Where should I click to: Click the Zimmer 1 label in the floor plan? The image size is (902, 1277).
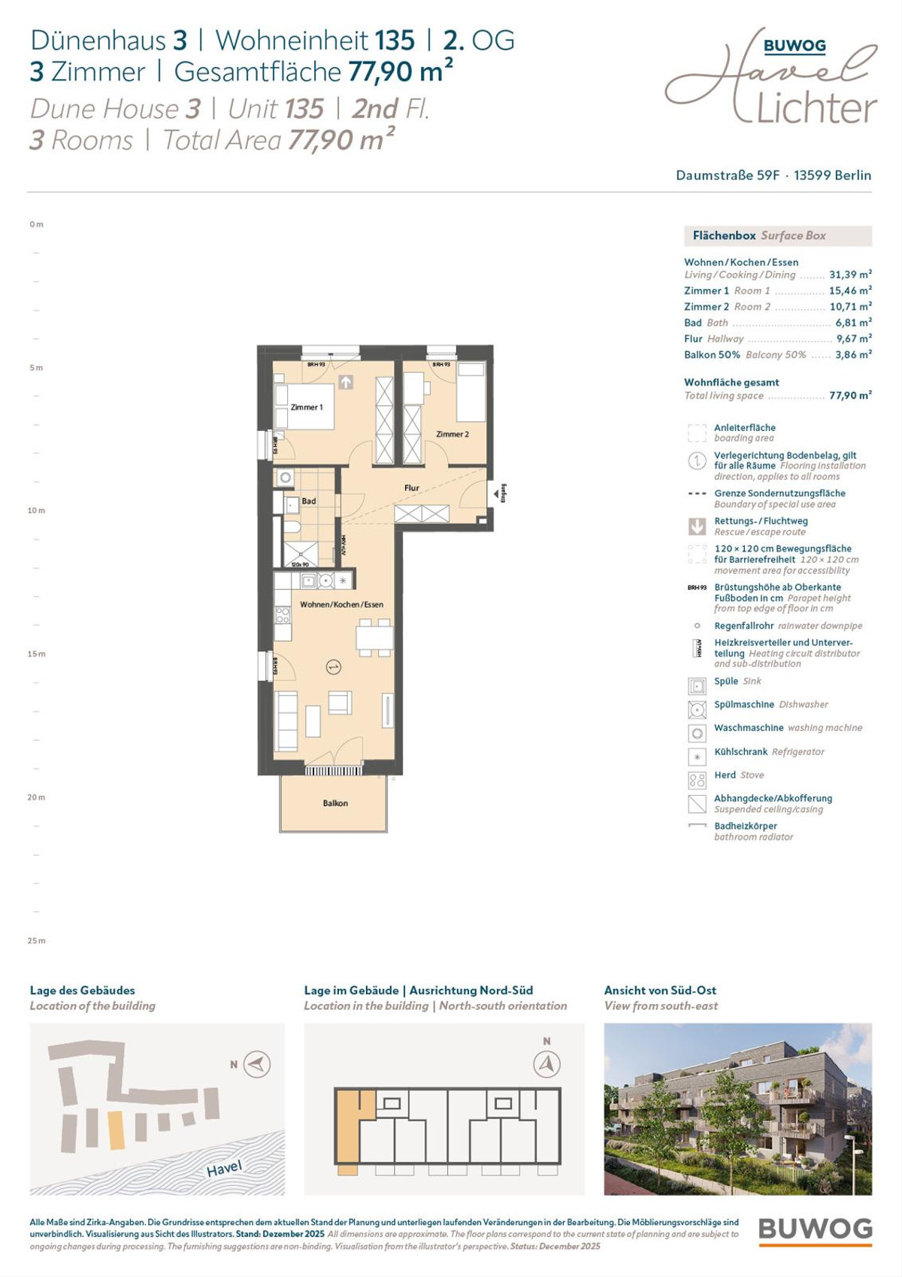pyautogui.click(x=307, y=408)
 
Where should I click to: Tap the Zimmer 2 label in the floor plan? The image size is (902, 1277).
pyautogui.click(x=453, y=435)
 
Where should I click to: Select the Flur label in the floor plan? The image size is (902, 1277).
pyautogui.click(x=412, y=488)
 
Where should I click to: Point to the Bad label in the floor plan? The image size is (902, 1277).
pyautogui.click(x=309, y=502)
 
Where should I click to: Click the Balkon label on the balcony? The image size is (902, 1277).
pyautogui.click(x=335, y=803)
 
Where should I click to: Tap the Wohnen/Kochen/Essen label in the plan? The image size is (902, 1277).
pyautogui.click(x=341, y=605)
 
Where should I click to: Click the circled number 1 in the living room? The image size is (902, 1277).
pyautogui.click(x=334, y=667)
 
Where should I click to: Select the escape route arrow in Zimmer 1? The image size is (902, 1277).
pyautogui.click(x=346, y=382)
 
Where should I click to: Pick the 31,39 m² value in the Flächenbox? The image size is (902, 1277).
pyautogui.click(x=850, y=275)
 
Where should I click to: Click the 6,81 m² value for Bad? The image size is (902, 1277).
pyautogui.click(x=853, y=323)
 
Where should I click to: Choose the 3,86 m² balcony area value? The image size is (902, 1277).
pyautogui.click(x=853, y=355)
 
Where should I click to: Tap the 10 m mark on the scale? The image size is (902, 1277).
pyautogui.click(x=36, y=511)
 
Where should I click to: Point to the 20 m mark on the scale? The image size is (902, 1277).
pyautogui.click(x=36, y=797)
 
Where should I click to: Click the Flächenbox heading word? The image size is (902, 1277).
pyautogui.click(x=724, y=236)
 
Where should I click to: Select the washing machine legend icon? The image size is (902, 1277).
pyautogui.click(x=697, y=733)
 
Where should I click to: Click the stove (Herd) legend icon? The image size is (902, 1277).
pyautogui.click(x=697, y=780)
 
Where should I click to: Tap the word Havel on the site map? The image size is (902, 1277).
pyautogui.click(x=224, y=1168)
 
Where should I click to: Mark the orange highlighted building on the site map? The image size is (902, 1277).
pyautogui.click(x=117, y=1130)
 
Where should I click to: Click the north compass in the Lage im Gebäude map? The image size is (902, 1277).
pyautogui.click(x=547, y=1063)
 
